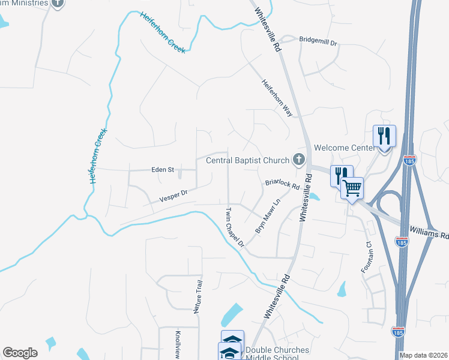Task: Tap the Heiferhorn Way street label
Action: pyautogui.click(x=277, y=98)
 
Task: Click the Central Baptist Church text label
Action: pyautogui.click(x=247, y=160)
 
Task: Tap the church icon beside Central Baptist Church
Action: pyautogui.click(x=298, y=160)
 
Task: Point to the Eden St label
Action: pyautogui.click(x=162, y=170)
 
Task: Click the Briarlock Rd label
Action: pyautogui.click(x=282, y=184)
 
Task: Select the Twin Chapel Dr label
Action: pyautogui.click(x=235, y=227)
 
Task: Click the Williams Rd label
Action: pyautogui.click(x=429, y=232)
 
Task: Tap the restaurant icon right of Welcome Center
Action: pyautogui.click(x=384, y=136)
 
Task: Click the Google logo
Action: pyautogui.click(x=20, y=353)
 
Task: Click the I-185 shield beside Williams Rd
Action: pyautogui.click(x=402, y=241)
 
